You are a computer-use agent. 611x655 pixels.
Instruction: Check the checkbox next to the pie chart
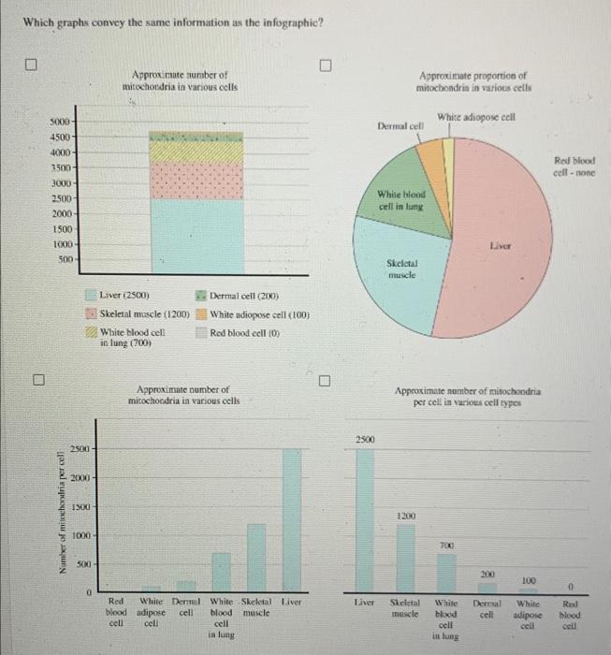pos(325,65)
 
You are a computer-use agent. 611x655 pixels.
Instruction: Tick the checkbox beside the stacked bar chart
pos(32,65)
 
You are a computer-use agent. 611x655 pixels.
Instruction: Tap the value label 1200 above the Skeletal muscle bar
pos(405,516)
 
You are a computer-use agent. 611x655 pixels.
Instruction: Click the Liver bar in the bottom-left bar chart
pos(292,516)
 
